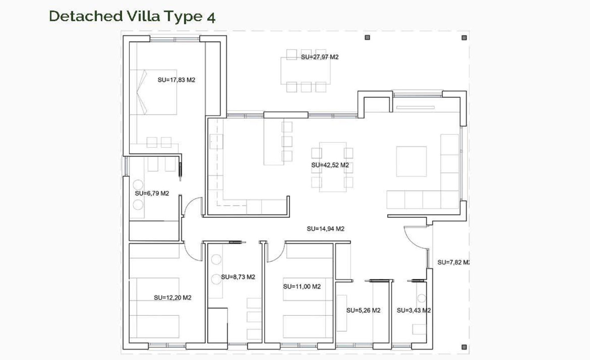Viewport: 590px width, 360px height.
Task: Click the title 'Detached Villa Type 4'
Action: pyautogui.click(x=132, y=16)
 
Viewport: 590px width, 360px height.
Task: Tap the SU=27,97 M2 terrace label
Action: pyautogui.click(x=319, y=57)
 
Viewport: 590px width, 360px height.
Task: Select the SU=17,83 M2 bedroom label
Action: pyautogui.click(x=176, y=80)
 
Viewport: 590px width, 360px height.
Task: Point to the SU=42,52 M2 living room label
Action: pyautogui.click(x=330, y=165)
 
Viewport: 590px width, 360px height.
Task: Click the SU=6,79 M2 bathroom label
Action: pyautogui.click(x=152, y=193)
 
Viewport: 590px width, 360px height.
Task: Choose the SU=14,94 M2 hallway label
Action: pyautogui.click(x=325, y=229)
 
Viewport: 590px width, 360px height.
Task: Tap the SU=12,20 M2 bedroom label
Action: pyautogui.click(x=172, y=298)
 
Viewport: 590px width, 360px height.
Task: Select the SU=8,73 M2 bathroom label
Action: pyautogui.click(x=238, y=277)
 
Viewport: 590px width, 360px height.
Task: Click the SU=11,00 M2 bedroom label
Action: pyautogui.click(x=302, y=286)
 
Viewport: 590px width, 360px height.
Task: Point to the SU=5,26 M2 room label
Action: pyautogui.click(x=363, y=310)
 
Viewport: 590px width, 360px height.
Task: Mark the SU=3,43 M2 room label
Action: pyautogui.click(x=414, y=310)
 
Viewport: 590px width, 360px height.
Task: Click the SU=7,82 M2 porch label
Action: pyautogui.click(x=453, y=262)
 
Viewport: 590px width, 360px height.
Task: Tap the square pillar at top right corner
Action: pyautogui.click(x=464, y=38)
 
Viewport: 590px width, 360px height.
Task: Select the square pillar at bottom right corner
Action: pyautogui.click(x=464, y=347)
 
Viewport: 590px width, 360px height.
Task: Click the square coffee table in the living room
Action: pyautogui.click(x=411, y=161)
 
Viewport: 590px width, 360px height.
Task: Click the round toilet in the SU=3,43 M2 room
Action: pyautogui.click(x=421, y=299)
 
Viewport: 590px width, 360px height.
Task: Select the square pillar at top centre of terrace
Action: pyautogui.click(x=367, y=38)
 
